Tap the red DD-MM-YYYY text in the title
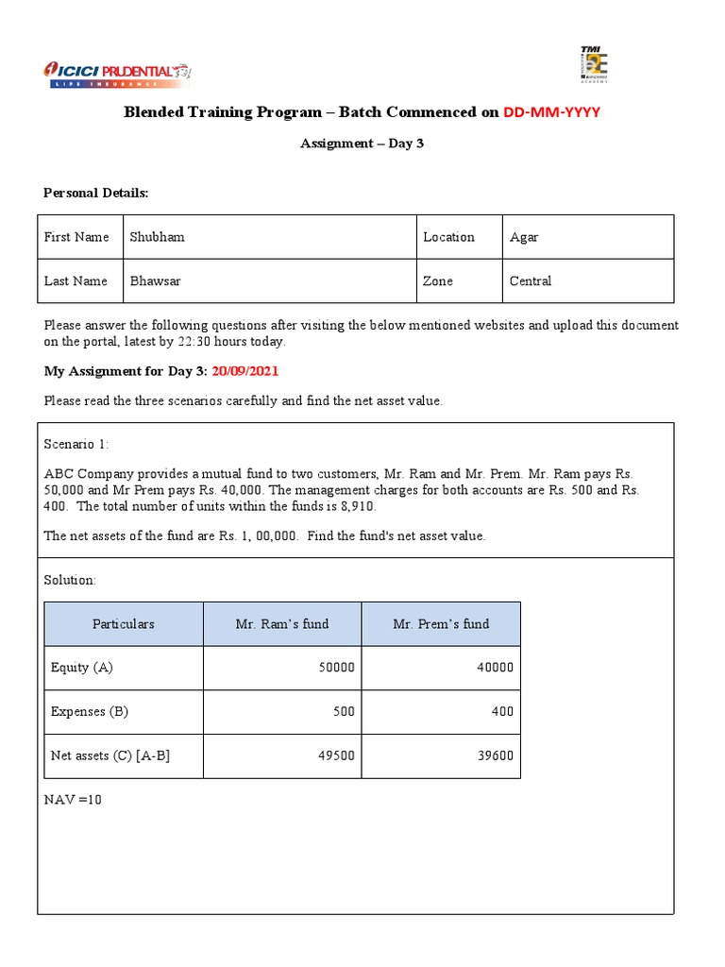551,112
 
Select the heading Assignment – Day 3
362,144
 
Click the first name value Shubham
157,237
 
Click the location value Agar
524,237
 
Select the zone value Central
531,281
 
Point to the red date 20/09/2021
245,371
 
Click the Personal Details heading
96,193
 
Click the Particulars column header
124,624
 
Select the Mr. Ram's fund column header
282,624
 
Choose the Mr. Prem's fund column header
441,624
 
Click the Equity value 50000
336,668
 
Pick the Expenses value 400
501,712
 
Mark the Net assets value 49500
336,756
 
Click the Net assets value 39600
495,756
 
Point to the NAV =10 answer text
73,800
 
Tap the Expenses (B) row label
90,712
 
